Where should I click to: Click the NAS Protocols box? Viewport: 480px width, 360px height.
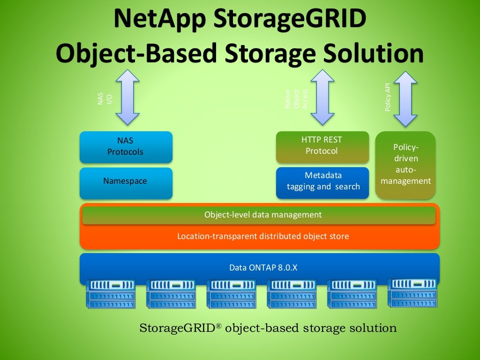click(x=126, y=147)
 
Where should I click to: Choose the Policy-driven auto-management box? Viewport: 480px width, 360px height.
click(x=405, y=165)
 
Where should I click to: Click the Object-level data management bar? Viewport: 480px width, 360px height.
click(x=259, y=215)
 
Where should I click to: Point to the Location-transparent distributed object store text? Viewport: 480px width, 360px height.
click(x=262, y=236)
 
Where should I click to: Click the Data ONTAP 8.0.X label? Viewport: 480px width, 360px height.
click(x=263, y=268)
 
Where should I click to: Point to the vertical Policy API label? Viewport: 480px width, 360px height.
click(x=388, y=97)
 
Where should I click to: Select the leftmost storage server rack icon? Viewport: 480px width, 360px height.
click(x=111, y=294)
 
